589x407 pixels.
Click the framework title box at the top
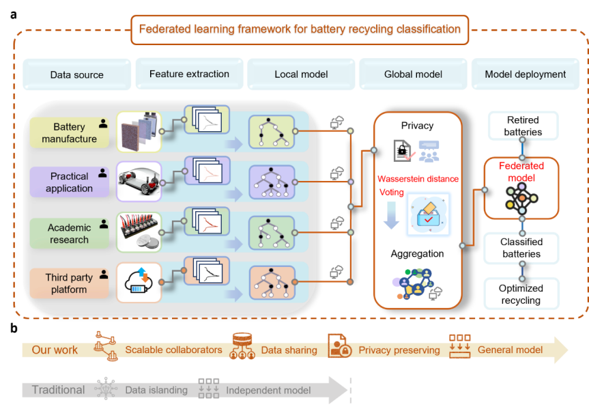[300, 29]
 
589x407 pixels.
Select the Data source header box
[76, 75]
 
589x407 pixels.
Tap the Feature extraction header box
[189, 74]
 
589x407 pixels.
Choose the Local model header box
[301, 74]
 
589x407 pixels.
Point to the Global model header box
[413, 74]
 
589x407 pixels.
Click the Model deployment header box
[525, 74]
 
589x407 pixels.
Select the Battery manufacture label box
[69, 133]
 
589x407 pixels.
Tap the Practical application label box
[69, 182]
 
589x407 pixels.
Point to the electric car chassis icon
[139, 181]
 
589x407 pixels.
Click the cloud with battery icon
[139, 282]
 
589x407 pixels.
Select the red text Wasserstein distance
[418, 179]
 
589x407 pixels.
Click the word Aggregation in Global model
[417, 253]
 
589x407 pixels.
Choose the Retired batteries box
[522, 126]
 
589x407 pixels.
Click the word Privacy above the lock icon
[417, 126]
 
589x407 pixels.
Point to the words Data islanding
[156, 390]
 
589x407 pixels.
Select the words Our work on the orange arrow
[55, 350]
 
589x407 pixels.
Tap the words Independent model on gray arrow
[268, 390]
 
